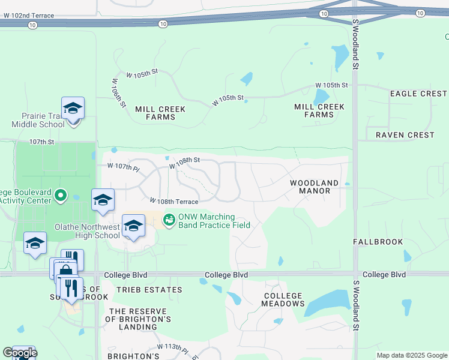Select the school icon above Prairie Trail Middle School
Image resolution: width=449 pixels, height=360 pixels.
click(x=73, y=108)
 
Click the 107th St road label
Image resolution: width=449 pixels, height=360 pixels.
click(x=41, y=142)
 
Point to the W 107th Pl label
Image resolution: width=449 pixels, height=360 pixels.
click(x=122, y=165)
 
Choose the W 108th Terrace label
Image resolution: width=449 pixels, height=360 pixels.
click(x=174, y=202)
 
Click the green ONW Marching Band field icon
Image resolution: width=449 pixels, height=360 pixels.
click(x=169, y=220)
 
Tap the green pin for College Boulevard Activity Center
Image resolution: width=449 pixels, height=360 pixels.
click(x=60, y=196)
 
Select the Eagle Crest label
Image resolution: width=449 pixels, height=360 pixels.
click(x=418, y=94)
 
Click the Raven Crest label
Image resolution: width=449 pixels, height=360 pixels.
click(x=405, y=135)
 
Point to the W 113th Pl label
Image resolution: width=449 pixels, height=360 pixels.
click(x=173, y=349)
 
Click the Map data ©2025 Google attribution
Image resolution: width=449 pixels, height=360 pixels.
click(x=411, y=355)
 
